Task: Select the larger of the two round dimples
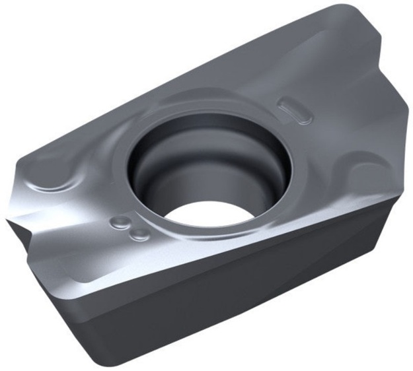120,222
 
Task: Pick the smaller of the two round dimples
138,234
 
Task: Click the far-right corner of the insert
404,191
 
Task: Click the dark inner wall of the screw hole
165,165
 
